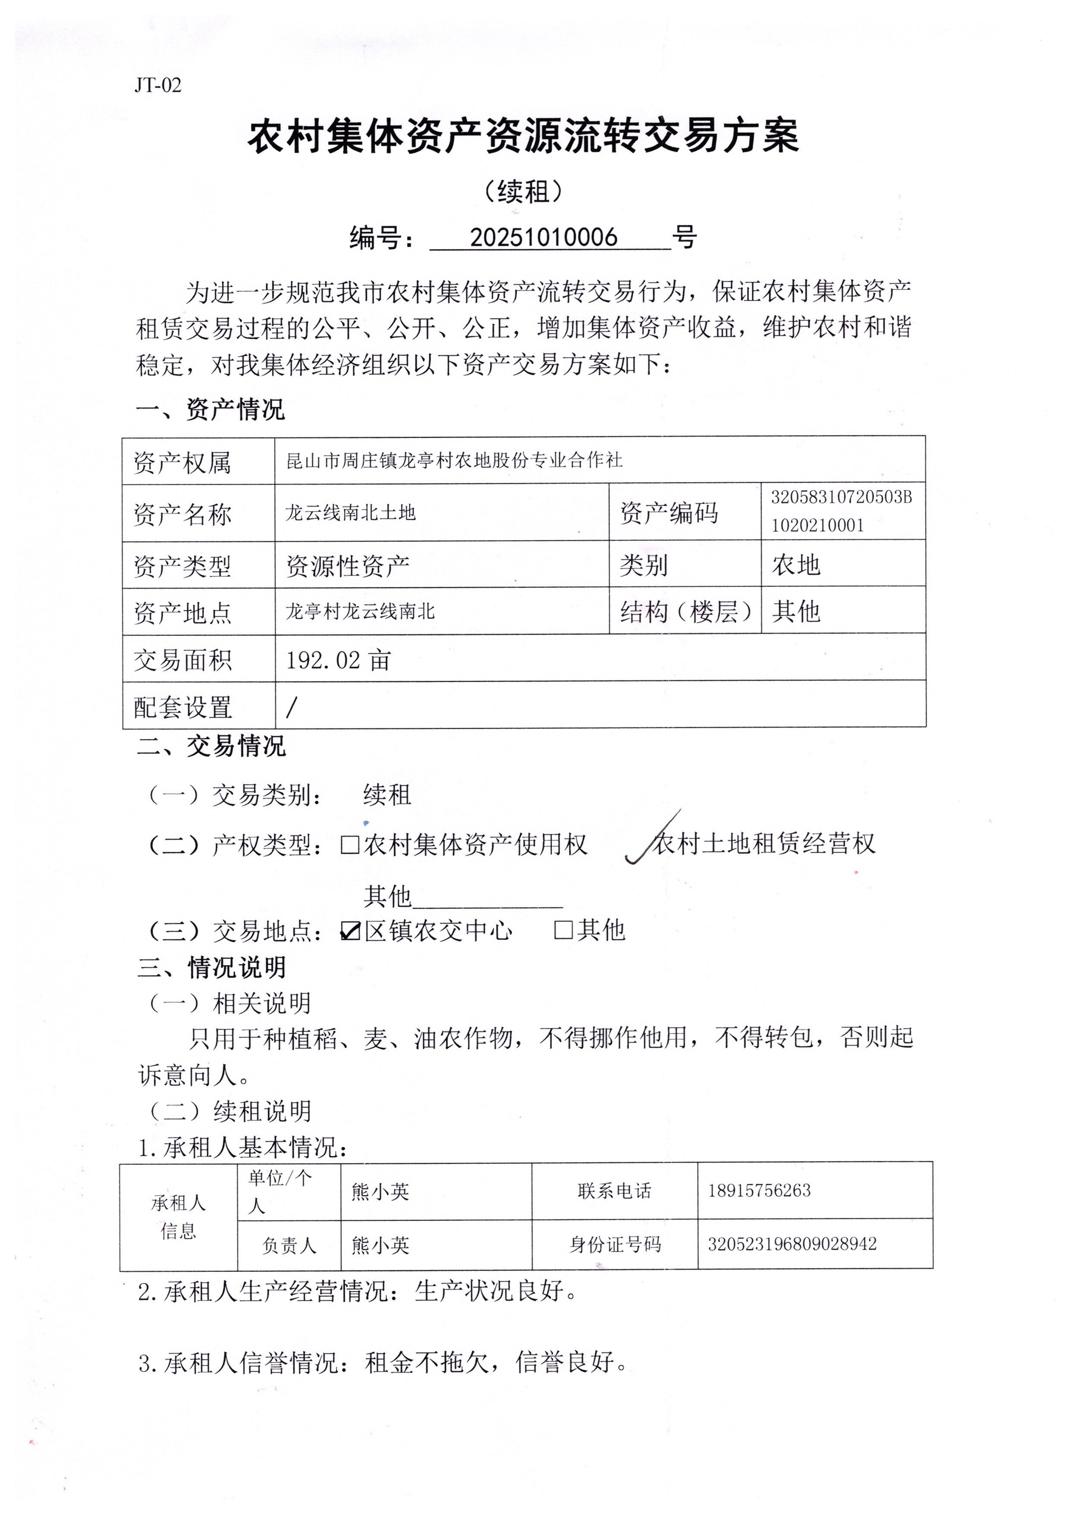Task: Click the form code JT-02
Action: pyautogui.click(x=158, y=85)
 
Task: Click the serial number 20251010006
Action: pyautogui.click(x=543, y=238)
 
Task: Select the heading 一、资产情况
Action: pyautogui.click(x=210, y=410)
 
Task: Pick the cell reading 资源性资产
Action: pyautogui.click(x=348, y=566)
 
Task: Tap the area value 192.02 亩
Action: pyautogui.click(x=338, y=660)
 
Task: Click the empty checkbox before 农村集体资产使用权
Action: pyautogui.click(x=350, y=845)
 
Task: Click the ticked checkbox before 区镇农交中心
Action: pyautogui.click(x=350, y=931)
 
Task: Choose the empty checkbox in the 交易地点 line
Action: pyautogui.click(x=563, y=930)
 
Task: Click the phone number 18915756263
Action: pyautogui.click(x=759, y=1191)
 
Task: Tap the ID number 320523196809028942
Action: pyautogui.click(x=792, y=1244)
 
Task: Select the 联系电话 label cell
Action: pyautogui.click(x=614, y=1191)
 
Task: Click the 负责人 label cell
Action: pyautogui.click(x=289, y=1246)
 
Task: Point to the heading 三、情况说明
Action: pyautogui.click(x=212, y=968)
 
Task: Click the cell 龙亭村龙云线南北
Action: pyautogui.click(x=360, y=612)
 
